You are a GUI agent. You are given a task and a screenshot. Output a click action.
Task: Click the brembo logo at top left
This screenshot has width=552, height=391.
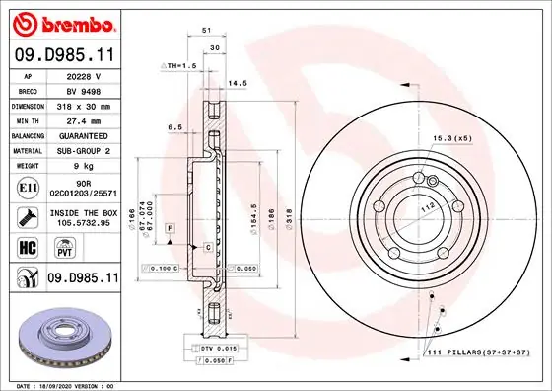point(61,22)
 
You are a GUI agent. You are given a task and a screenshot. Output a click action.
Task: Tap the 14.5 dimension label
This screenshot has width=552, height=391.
point(238,84)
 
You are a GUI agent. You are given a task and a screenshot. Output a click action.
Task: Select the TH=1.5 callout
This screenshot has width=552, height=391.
point(180,64)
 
